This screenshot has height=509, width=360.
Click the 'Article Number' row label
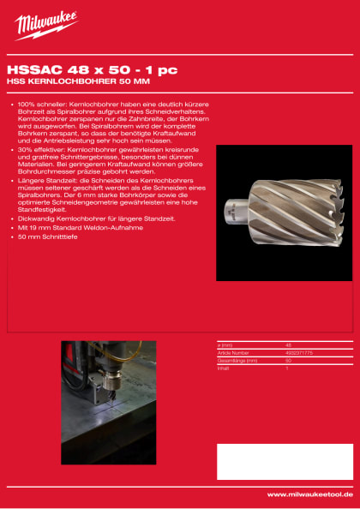tap(233, 351)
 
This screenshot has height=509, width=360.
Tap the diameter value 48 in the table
tap(288, 344)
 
